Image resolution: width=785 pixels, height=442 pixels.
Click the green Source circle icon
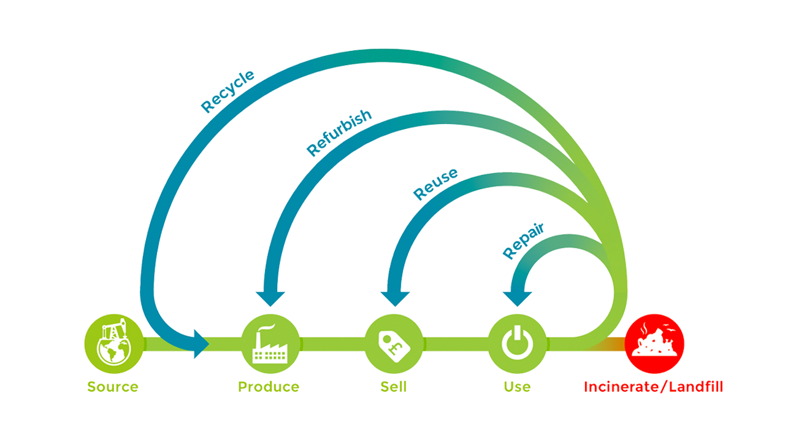113,343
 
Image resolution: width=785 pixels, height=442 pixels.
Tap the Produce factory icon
270,343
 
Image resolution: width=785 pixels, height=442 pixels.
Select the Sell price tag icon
394,343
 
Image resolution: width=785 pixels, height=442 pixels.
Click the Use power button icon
517,343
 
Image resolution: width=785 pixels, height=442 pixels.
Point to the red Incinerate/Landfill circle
654,343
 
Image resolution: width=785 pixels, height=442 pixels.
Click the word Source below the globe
113,387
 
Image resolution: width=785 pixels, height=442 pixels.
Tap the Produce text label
269,387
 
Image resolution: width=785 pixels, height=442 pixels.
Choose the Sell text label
393,387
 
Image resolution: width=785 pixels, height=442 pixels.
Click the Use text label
517,387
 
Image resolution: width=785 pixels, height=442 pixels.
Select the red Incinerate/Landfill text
654,387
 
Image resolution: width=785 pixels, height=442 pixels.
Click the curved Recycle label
228,92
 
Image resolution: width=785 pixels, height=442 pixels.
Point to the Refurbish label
339,133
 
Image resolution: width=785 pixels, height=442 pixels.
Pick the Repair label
524,241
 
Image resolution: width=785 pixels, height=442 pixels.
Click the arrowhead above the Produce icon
270,298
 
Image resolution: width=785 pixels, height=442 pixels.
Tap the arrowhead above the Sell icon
394,298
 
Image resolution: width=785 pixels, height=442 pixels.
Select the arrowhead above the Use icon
517,298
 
